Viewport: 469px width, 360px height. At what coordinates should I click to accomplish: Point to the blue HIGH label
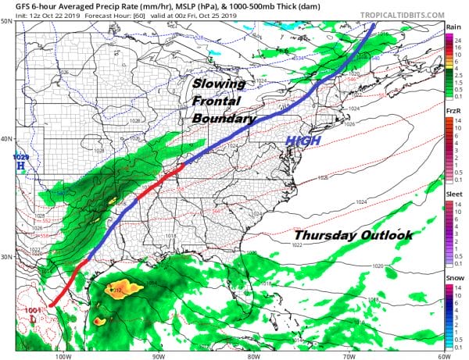click(302, 141)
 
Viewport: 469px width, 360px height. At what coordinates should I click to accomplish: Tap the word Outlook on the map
click(385, 235)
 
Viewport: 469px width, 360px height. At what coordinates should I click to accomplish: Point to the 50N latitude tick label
click(6, 21)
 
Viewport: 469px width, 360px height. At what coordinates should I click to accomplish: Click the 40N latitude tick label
click(6, 139)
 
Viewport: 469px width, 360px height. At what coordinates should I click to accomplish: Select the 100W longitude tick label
click(65, 355)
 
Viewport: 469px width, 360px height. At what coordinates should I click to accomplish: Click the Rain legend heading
click(452, 27)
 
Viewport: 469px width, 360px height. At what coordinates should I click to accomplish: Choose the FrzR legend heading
click(452, 112)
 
